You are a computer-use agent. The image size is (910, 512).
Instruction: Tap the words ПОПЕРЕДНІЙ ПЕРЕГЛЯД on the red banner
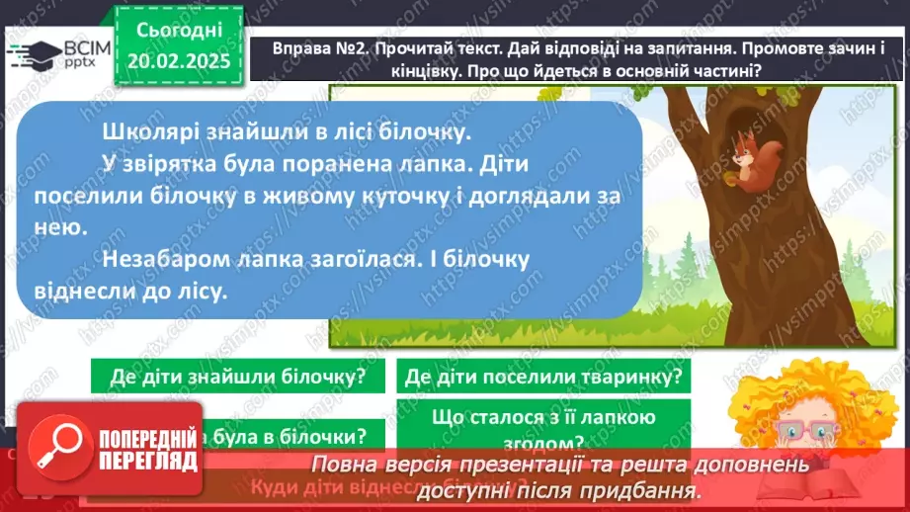pos(147,450)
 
